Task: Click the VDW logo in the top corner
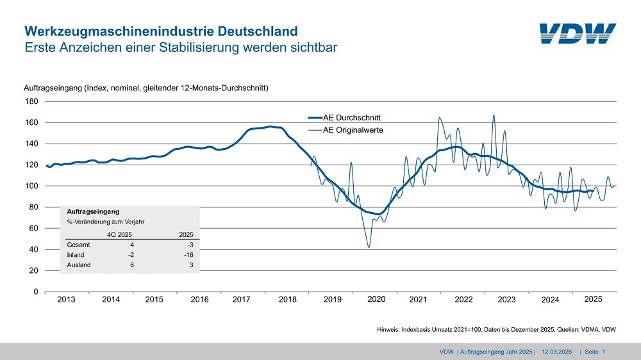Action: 577,34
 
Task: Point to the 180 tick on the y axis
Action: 31,101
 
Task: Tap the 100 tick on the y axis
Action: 31,186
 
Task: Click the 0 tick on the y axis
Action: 35,292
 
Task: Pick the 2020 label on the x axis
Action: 376,299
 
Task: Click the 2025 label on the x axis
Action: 593,299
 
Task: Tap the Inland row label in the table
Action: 76,255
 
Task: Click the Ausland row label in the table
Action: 79,265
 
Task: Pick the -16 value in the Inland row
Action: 188,255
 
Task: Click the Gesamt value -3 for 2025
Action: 189,245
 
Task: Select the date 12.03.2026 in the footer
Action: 557,352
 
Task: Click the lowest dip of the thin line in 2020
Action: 369,247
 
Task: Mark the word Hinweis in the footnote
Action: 390,330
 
